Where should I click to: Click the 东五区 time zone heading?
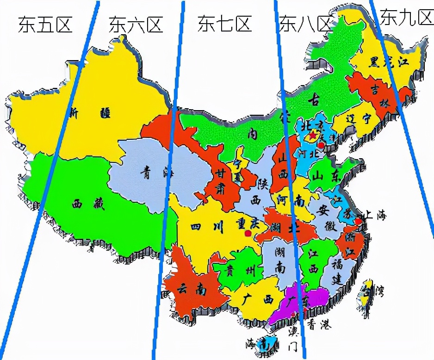click(45, 24)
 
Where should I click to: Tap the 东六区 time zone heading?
click(136, 25)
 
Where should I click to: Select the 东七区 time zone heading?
click(224, 23)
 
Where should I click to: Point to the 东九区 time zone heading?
click(405, 18)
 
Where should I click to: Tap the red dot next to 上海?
click(359, 222)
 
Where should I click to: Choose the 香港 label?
click(320, 325)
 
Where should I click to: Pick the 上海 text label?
click(374, 215)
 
